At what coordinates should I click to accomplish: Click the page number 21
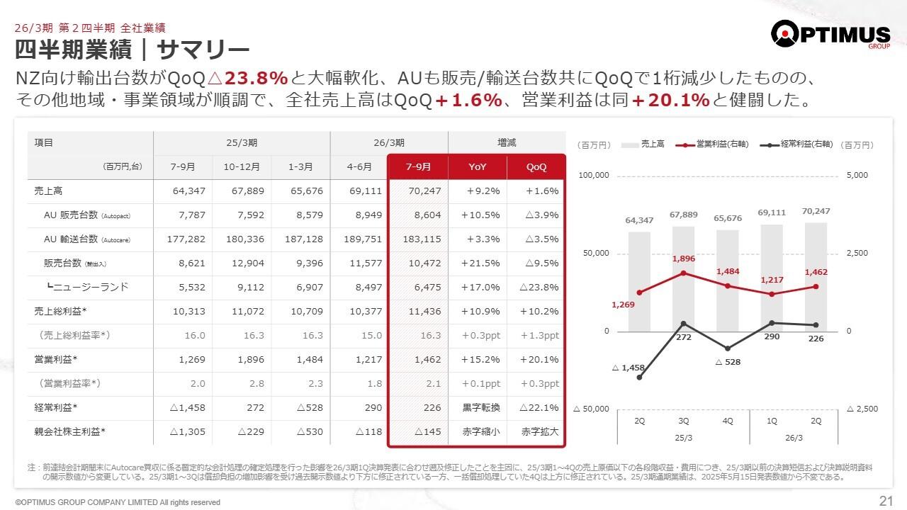tap(885, 501)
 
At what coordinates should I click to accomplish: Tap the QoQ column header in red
tap(536, 167)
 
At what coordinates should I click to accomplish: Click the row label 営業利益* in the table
tap(55, 359)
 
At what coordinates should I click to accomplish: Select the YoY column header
tap(478, 167)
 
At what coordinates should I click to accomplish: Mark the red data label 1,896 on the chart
tap(683, 259)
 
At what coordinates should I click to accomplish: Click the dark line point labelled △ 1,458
tap(640, 378)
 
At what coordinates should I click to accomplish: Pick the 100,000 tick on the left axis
tap(593, 176)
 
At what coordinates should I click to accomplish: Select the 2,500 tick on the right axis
tap(857, 253)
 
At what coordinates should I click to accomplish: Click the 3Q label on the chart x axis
tap(683, 420)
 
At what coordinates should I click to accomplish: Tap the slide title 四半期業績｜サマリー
tap(133, 50)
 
